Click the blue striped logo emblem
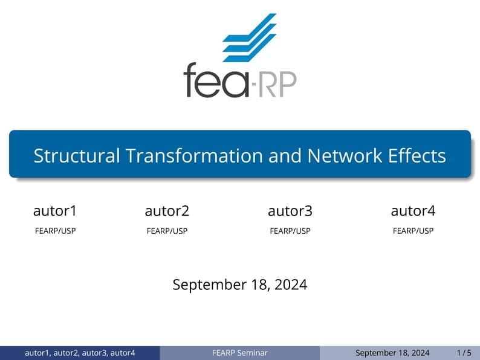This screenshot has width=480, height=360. [249, 37]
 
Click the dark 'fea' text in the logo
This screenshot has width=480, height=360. [215, 81]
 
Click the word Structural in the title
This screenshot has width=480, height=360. [77, 156]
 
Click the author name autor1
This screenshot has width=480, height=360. [55, 211]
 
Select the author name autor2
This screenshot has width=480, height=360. [167, 211]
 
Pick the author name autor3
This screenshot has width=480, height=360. [290, 211]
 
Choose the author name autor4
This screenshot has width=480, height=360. [413, 211]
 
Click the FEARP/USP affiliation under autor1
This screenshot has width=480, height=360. [55, 231]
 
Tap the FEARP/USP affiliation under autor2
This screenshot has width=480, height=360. [167, 231]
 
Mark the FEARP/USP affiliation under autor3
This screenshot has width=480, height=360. [290, 231]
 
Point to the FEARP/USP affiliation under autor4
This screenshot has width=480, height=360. [413, 231]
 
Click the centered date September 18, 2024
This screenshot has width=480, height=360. [240, 284]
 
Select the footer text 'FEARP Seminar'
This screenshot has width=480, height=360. [240, 353]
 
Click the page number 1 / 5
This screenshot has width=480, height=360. [464, 353]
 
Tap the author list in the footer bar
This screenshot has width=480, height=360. [80, 353]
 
